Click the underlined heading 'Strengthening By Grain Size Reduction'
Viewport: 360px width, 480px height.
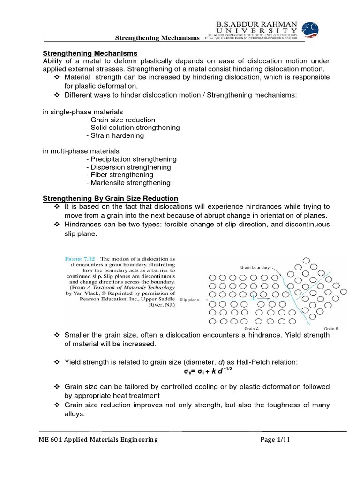pos(111,199)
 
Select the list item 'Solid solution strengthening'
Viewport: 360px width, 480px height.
pos(133,127)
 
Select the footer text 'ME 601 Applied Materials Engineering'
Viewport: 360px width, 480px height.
pos(98,439)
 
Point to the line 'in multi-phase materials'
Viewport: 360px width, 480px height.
pos(81,151)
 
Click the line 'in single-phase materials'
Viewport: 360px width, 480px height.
pos(83,112)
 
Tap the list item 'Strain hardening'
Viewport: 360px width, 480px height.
pos(115,135)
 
